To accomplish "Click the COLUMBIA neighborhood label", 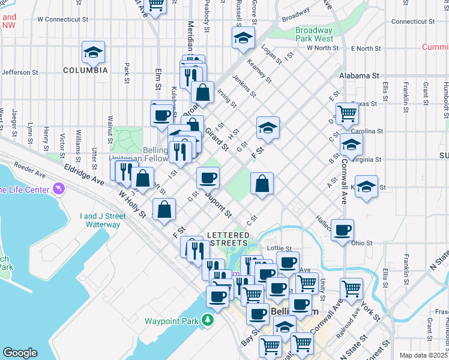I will click(86, 70).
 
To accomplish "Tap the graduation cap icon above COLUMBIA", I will click(93, 52).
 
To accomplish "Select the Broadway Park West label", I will click(314, 34).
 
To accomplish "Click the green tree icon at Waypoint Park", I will click(207, 320).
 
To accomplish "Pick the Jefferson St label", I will click(20, 73).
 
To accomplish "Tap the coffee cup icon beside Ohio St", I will click(342, 230).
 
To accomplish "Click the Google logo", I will click(20, 353).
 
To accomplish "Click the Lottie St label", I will click(279, 248).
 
